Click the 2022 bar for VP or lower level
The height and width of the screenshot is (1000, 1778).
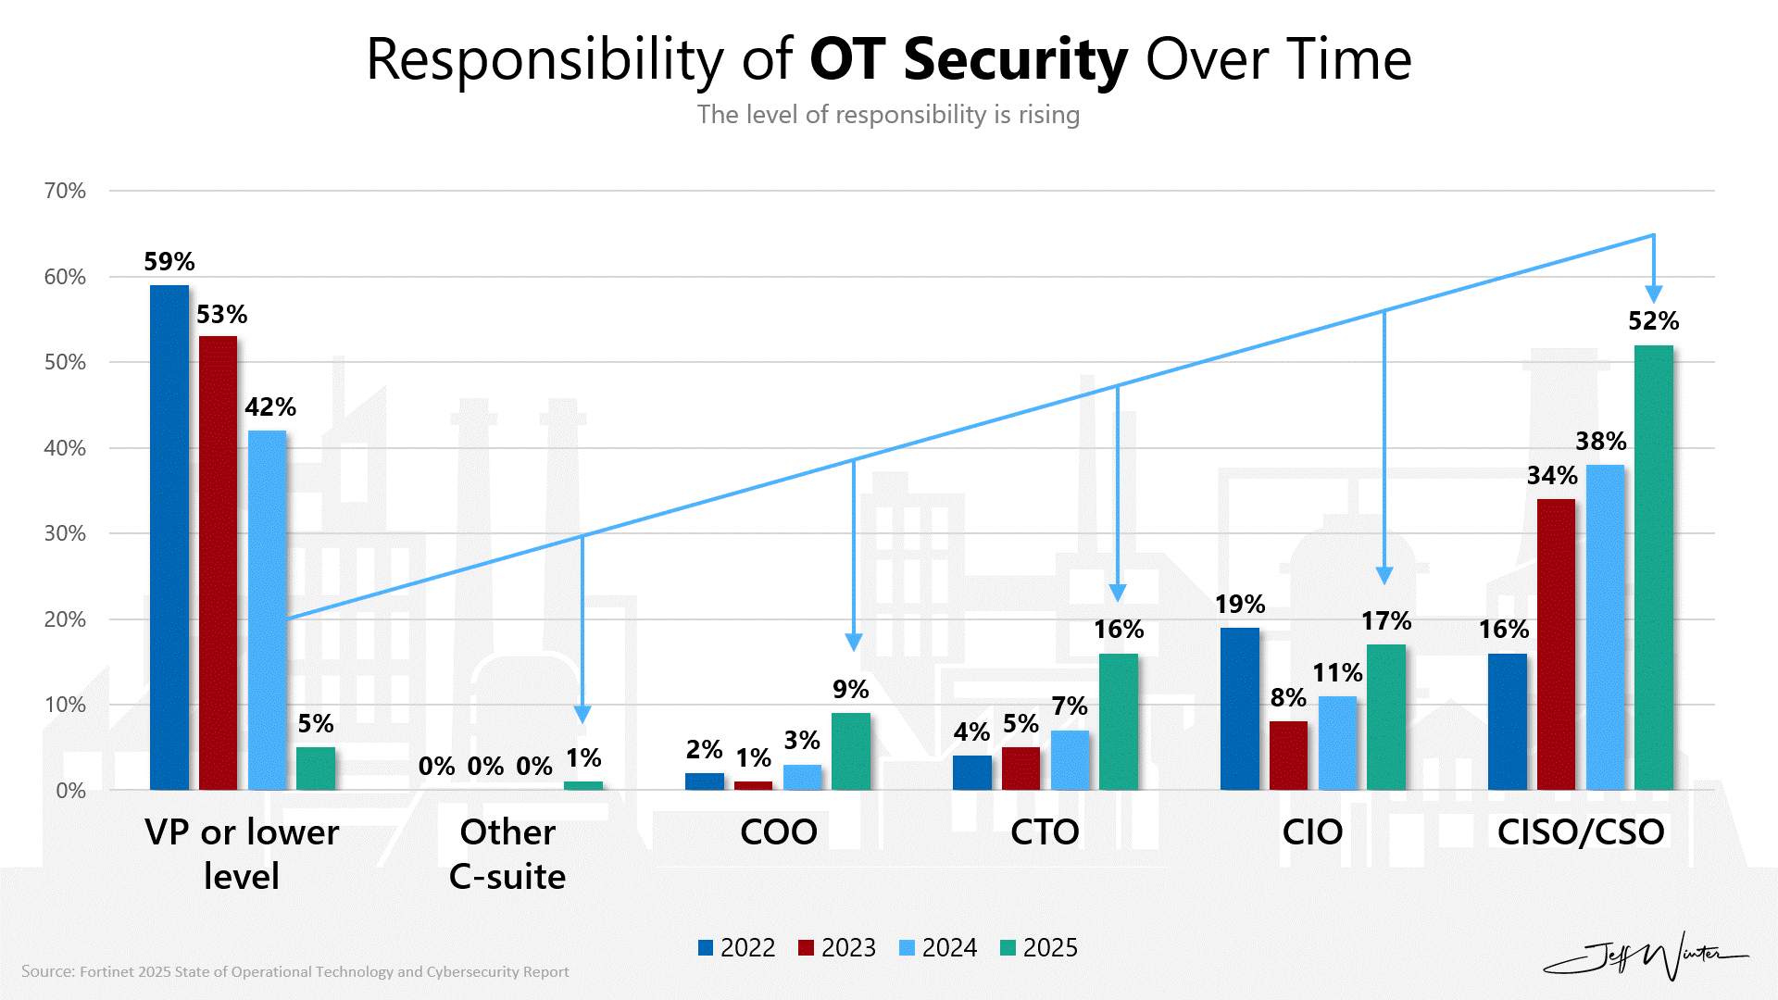(x=169, y=537)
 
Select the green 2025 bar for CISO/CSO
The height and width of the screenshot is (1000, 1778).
(x=1654, y=567)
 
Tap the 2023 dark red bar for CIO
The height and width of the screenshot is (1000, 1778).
(x=1288, y=755)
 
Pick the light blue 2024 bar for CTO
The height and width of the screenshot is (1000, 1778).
(x=1070, y=759)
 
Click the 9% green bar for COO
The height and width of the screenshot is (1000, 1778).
(x=851, y=751)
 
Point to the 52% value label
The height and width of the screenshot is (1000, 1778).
(x=1653, y=321)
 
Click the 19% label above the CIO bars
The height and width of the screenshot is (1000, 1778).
(x=1240, y=605)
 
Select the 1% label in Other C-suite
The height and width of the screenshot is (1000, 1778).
(x=583, y=758)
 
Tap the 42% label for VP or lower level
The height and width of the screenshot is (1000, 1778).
(x=270, y=407)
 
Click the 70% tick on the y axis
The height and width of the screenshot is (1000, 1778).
(x=65, y=191)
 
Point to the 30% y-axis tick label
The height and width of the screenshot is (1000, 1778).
(x=65, y=533)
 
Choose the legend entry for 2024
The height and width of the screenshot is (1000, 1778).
(x=938, y=947)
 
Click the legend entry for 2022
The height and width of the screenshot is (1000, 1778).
(x=737, y=947)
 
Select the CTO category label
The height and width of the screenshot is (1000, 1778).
(x=1045, y=831)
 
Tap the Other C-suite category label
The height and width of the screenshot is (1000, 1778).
(x=507, y=854)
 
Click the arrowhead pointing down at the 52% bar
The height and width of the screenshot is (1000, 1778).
(x=1654, y=294)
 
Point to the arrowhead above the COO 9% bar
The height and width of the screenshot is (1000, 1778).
(x=854, y=642)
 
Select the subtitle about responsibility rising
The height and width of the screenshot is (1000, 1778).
(x=888, y=115)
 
